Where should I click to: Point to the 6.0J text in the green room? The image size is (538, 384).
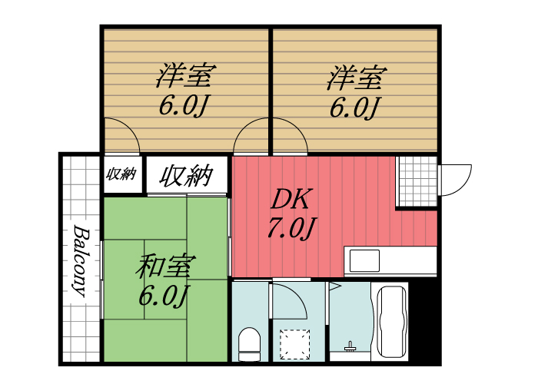point(164,295)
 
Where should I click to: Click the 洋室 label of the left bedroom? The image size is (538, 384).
point(185,78)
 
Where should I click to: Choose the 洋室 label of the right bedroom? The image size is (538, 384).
point(356,78)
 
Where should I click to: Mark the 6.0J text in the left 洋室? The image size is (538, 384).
point(185,107)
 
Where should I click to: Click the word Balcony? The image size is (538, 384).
point(80,261)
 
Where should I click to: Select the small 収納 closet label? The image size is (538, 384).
point(121,174)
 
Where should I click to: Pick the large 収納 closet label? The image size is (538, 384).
point(186,175)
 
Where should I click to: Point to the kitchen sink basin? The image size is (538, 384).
point(364,260)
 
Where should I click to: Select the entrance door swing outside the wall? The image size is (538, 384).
point(453,179)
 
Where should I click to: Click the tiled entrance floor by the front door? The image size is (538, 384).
point(416,180)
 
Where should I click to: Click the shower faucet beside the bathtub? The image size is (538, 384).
point(350,346)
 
